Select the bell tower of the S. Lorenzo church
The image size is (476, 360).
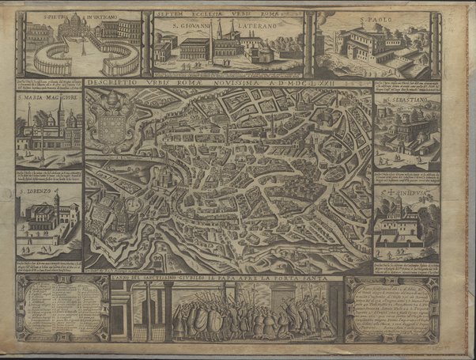click(70, 214)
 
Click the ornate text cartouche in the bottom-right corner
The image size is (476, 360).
click(391, 311)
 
